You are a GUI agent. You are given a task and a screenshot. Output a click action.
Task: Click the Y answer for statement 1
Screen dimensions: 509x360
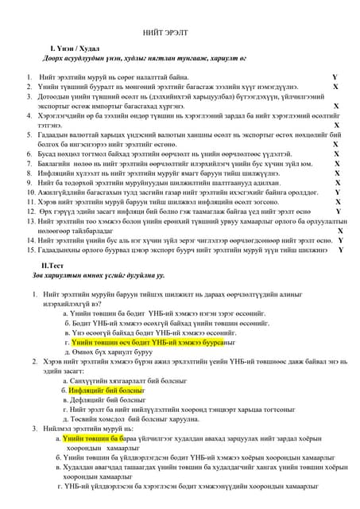(x=335, y=77)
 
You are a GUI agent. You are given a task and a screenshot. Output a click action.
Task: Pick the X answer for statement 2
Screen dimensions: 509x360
(x=335, y=87)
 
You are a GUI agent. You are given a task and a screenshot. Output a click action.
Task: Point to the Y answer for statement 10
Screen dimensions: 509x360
(x=337, y=192)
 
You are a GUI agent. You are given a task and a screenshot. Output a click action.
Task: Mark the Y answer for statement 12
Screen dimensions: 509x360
(x=338, y=212)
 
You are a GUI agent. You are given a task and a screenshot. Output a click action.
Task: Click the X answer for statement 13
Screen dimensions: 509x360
(x=340, y=231)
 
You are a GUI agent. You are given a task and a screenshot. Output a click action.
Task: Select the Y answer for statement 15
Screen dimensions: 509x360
(x=341, y=250)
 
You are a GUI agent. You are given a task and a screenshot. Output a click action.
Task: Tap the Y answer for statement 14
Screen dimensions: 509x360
(x=340, y=240)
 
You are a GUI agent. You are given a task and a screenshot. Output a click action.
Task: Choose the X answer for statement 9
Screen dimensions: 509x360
(x=337, y=182)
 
